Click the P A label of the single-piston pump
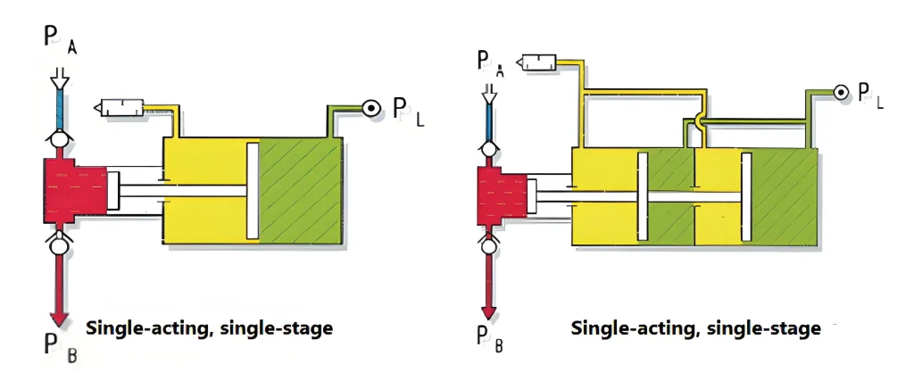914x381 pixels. click(59, 40)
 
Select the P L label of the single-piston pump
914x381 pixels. click(408, 113)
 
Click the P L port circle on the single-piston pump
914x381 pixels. click(369, 108)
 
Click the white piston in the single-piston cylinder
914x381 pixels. click(252, 190)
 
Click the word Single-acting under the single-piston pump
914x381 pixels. click(148, 328)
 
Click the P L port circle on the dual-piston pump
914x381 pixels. click(839, 92)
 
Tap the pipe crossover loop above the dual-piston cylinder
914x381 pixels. click(699, 122)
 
